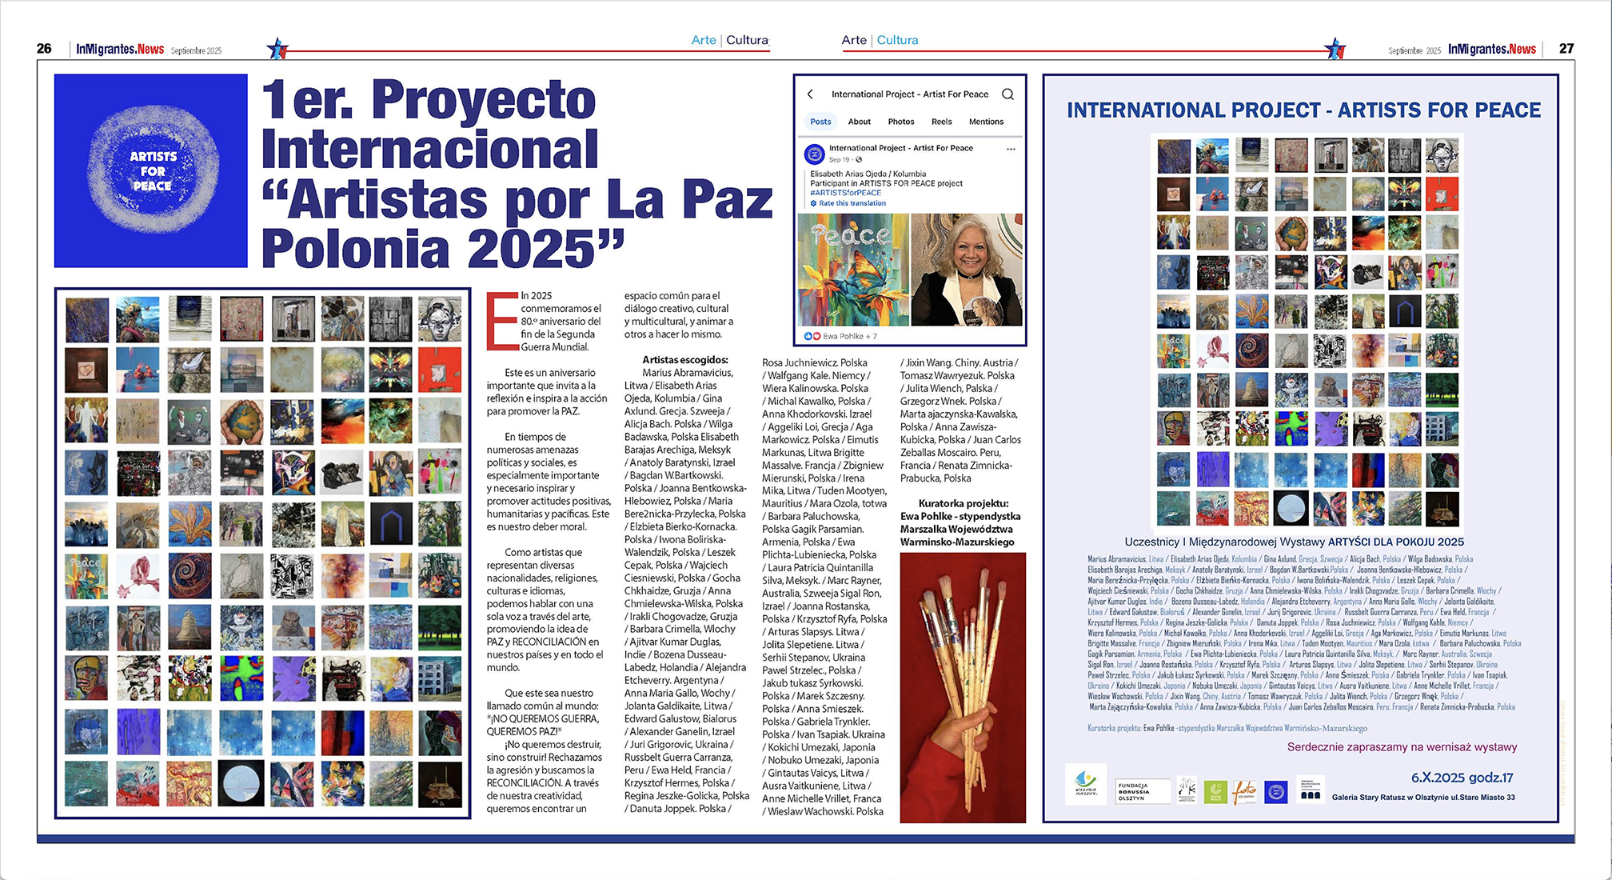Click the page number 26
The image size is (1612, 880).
44,49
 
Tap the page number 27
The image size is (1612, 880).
1566,49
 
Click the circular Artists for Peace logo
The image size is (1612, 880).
152,171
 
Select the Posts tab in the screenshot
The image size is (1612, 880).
820,122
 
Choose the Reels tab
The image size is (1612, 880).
941,122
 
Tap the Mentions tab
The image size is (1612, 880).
986,122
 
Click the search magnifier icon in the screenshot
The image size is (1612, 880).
1008,94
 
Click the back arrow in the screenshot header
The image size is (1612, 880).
810,94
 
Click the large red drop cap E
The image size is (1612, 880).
502,322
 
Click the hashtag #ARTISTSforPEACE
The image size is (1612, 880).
845,193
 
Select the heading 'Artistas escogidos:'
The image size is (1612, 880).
685,360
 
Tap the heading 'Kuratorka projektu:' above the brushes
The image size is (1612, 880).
963,503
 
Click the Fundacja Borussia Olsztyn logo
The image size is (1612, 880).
1143,791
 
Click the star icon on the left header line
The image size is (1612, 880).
277,49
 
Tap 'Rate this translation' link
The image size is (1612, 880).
852,203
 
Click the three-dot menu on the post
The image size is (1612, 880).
1011,150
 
